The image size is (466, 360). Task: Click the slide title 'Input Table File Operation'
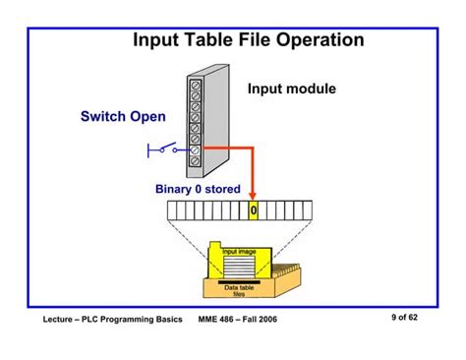pos(248,40)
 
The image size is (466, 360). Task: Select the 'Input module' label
pos(291,90)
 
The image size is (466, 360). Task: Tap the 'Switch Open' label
pos(123,119)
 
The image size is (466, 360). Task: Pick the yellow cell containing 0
pos(253,210)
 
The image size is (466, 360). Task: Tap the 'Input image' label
pos(239,253)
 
